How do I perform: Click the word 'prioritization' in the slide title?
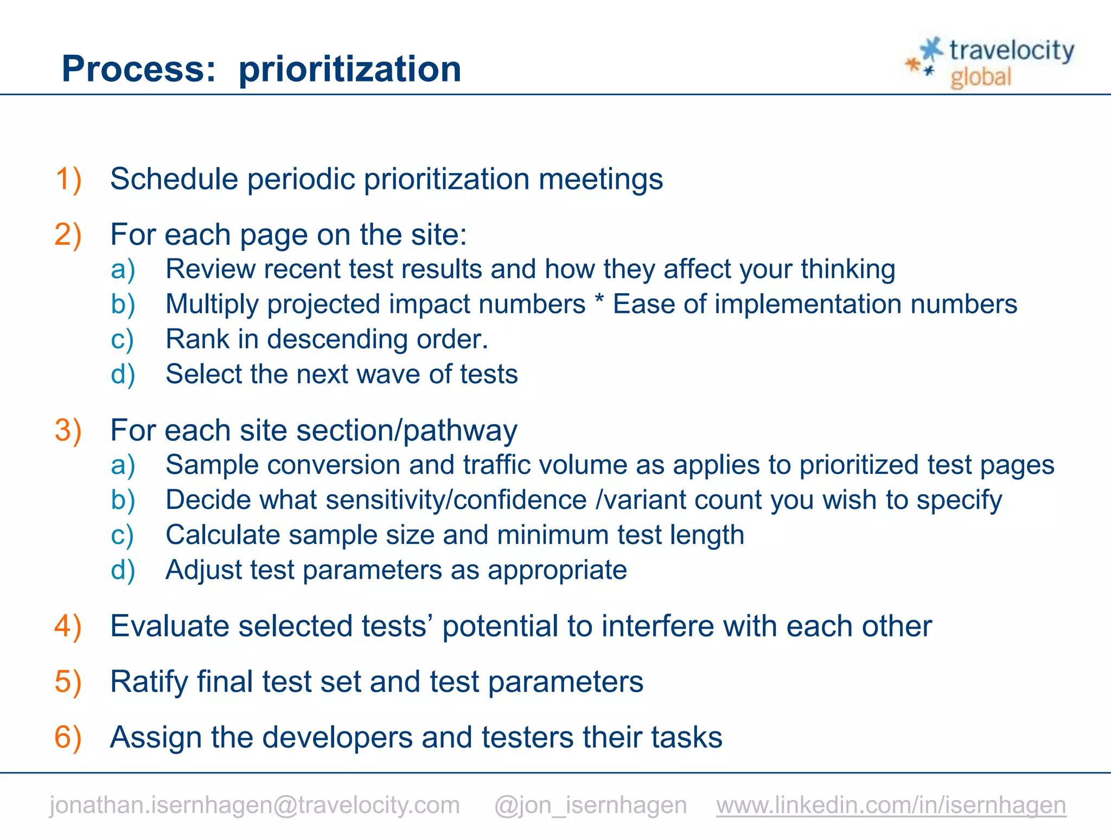pyautogui.click(x=350, y=69)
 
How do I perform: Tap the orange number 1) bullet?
pyautogui.click(x=68, y=179)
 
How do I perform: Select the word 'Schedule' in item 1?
pyautogui.click(x=174, y=179)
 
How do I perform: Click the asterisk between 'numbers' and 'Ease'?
pyautogui.click(x=599, y=302)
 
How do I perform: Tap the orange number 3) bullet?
pyautogui.click(x=68, y=431)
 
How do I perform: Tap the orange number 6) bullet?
pyautogui.click(x=68, y=737)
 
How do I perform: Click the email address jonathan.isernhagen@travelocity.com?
pyautogui.click(x=254, y=805)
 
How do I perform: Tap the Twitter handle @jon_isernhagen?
pyautogui.click(x=590, y=805)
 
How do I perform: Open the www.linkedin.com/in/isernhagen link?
pyautogui.click(x=891, y=805)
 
